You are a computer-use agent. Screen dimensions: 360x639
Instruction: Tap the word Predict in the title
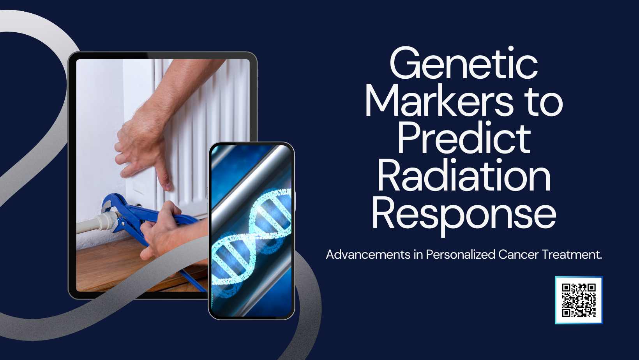tap(464, 139)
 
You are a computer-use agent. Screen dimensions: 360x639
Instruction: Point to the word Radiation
tap(464, 176)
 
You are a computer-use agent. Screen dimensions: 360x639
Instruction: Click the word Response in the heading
tap(464, 214)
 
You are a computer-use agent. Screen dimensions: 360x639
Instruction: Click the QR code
tap(579, 300)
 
